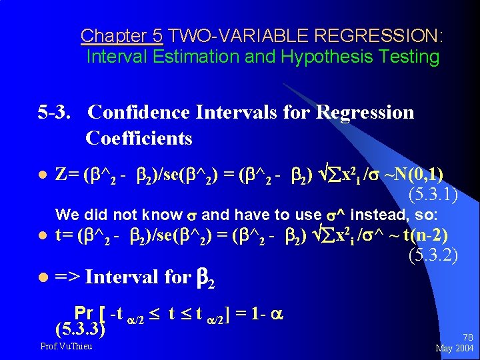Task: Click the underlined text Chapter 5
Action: point(121,35)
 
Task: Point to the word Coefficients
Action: point(139,138)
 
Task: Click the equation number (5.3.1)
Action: point(432,195)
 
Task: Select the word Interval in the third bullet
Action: point(123,276)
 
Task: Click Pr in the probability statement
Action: point(84,313)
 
